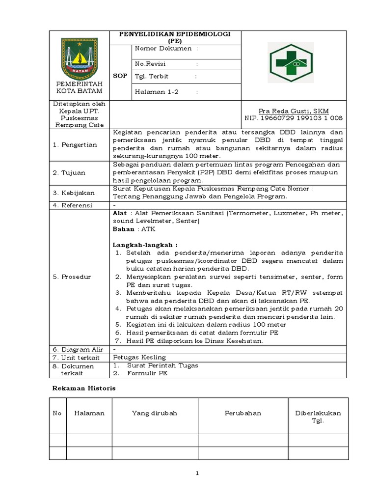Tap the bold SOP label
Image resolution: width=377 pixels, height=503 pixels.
click(x=120, y=76)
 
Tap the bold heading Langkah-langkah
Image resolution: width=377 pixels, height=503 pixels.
click(x=145, y=245)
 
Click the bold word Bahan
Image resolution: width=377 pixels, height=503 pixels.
click(x=123, y=229)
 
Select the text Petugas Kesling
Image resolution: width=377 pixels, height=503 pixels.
click(x=139, y=357)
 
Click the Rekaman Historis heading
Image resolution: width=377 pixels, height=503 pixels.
click(x=84, y=388)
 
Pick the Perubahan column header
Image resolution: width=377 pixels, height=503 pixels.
click(x=243, y=413)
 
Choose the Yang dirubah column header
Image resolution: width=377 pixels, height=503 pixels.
click(x=155, y=413)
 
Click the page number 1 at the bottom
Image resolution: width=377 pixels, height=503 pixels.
click(x=197, y=473)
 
